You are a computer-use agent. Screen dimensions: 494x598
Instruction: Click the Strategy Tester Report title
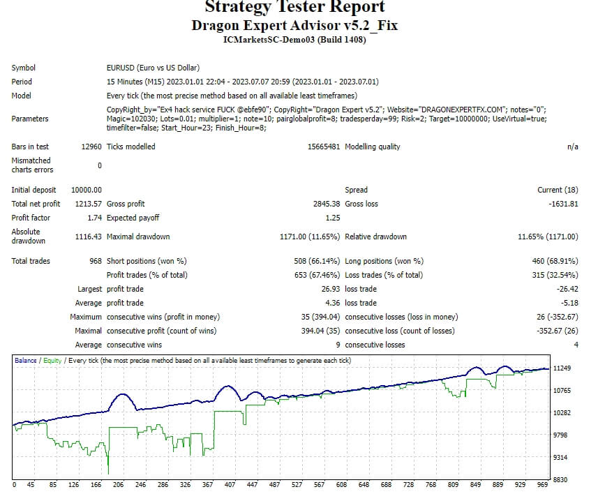[x=294, y=8]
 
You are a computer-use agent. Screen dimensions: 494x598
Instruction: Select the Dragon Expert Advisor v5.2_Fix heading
[x=294, y=25]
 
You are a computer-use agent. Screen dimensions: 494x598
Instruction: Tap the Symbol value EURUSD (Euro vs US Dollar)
[x=153, y=68]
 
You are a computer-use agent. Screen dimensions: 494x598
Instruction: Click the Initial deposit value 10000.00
[x=87, y=190]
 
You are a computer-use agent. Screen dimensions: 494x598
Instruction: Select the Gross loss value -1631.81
[x=562, y=204]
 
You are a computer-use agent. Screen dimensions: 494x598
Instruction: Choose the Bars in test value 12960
[x=91, y=147]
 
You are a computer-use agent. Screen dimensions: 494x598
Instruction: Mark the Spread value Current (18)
[x=558, y=190]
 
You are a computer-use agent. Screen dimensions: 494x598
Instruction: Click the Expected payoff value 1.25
[x=332, y=218]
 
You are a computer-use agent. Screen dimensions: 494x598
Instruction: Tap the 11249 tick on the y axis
[x=562, y=368]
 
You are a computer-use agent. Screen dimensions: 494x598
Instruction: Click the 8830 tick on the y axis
[x=562, y=479]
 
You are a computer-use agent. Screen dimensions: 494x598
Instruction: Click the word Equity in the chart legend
[x=52, y=361]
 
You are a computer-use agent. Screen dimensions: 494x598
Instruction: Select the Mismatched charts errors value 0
[x=99, y=165]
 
